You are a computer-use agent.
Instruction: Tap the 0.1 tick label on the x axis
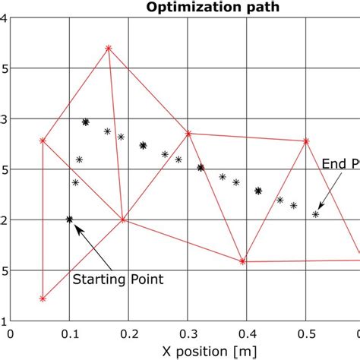coord(69,333)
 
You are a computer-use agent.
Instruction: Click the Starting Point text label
coord(118,279)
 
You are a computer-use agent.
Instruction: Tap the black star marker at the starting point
coord(69,219)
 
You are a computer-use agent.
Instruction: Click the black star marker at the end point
coord(316,214)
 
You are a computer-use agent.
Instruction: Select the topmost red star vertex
coord(109,49)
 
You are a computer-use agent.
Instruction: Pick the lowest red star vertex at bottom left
coord(43,298)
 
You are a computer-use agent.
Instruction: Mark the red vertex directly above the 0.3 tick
coord(188,134)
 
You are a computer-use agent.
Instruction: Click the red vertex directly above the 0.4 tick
coord(242,261)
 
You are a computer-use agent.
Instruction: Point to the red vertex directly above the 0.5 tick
coord(306,141)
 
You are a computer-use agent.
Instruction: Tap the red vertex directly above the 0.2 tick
coord(123,220)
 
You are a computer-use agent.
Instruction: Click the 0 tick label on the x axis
coord(10,333)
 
